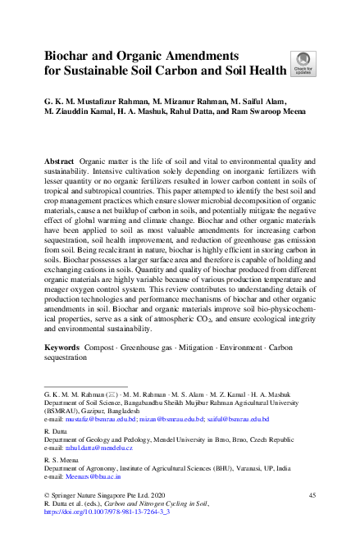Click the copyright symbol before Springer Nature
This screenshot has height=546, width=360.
pyautogui.click(x=46, y=496)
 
